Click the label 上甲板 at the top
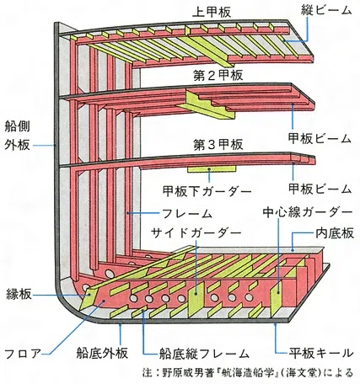point(212,13)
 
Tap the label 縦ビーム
point(326,10)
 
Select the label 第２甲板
point(218,75)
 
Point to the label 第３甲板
point(218,145)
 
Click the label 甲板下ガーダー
point(207,191)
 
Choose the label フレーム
point(187,214)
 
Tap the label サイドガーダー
point(196,232)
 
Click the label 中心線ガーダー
point(308,212)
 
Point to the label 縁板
point(19,294)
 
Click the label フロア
point(23,354)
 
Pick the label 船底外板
point(102,353)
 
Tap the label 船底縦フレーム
point(204,354)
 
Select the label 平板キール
point(321,353)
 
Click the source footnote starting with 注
point(247,373)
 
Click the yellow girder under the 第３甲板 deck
point(212,169)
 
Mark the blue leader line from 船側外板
point(45,146)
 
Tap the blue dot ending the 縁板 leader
point(89,295)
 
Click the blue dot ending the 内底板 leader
point(293,249)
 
